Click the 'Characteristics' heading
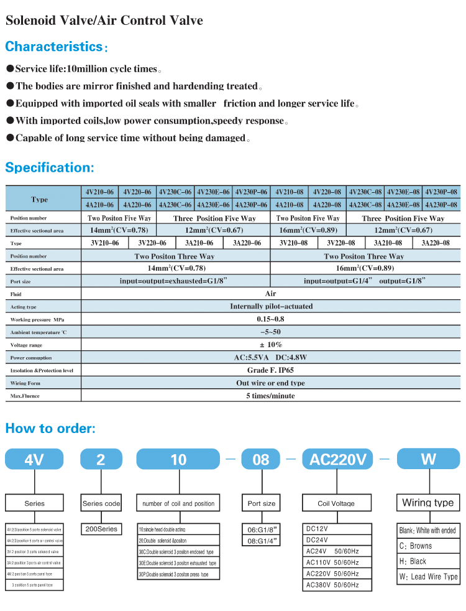coord(53,47)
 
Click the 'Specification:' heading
coord(50,167)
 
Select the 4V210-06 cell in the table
coord(99,192)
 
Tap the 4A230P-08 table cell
coord(441,205)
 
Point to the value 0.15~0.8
coord(271,319)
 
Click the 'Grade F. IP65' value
coord(271,370)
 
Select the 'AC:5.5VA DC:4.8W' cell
coord(271,357)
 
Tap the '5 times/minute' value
coord(271,396)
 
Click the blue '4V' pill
coord(34,460)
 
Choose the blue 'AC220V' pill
coord(338,460)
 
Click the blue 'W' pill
coord(428,459)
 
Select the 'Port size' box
coord(261,503)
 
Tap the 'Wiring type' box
coord(427,503)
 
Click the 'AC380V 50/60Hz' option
coord(332,585)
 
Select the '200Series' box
coord(100,529)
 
